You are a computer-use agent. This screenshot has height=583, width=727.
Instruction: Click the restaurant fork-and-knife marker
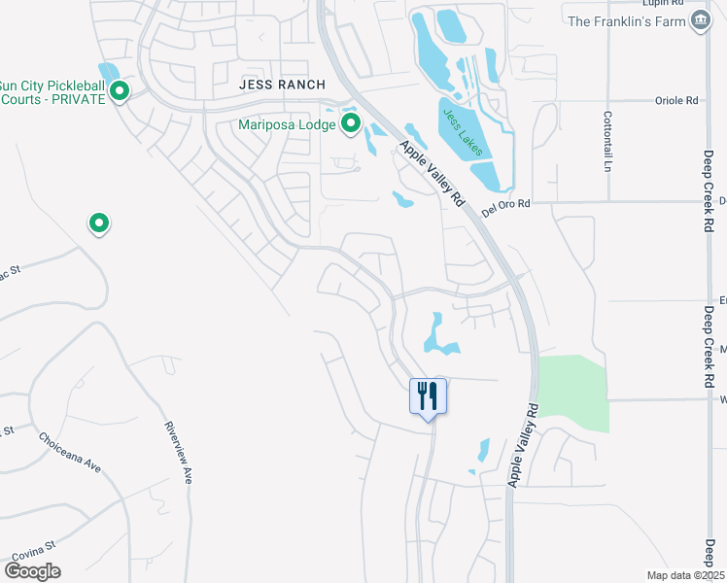428,396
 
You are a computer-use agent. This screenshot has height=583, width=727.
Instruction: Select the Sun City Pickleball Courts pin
120,92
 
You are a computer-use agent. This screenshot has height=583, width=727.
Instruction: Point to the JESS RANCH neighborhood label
280,86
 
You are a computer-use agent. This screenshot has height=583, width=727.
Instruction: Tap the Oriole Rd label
677,100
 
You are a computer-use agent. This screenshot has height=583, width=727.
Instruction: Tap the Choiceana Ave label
70,452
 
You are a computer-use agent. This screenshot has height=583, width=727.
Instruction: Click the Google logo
32,570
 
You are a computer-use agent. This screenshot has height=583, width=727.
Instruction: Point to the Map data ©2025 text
685,575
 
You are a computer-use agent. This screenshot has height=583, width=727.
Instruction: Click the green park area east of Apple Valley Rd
573,394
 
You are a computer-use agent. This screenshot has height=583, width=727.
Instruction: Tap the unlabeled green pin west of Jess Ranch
98,224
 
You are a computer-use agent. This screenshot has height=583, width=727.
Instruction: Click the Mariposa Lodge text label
287,124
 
